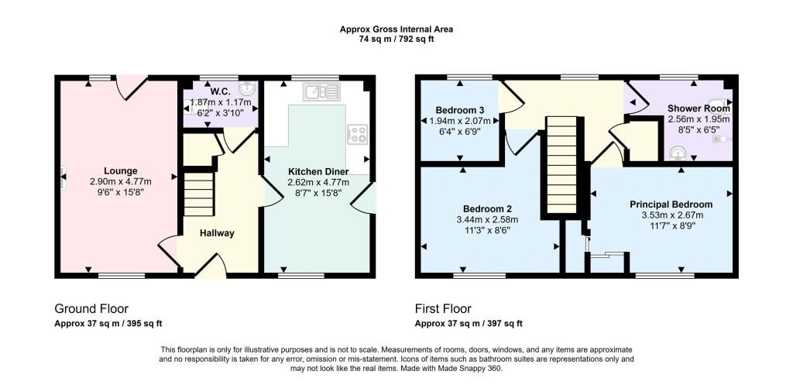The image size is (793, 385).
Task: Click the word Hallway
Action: click(217, 233)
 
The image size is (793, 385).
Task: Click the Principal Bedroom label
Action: click(671, 205)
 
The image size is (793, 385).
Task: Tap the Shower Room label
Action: click(699, 108)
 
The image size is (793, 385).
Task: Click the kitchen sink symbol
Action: click(321, 91)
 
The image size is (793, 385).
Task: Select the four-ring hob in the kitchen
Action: click(358, 134)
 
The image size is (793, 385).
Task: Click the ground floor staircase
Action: click(199, 194)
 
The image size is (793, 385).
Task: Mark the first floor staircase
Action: click(561, 164)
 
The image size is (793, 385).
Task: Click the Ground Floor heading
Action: click(91, 308)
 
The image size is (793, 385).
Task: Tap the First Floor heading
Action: click(443, 308)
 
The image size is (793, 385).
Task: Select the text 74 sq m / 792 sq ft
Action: click(396, 39)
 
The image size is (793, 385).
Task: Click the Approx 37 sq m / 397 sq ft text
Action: click(469, 324)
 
